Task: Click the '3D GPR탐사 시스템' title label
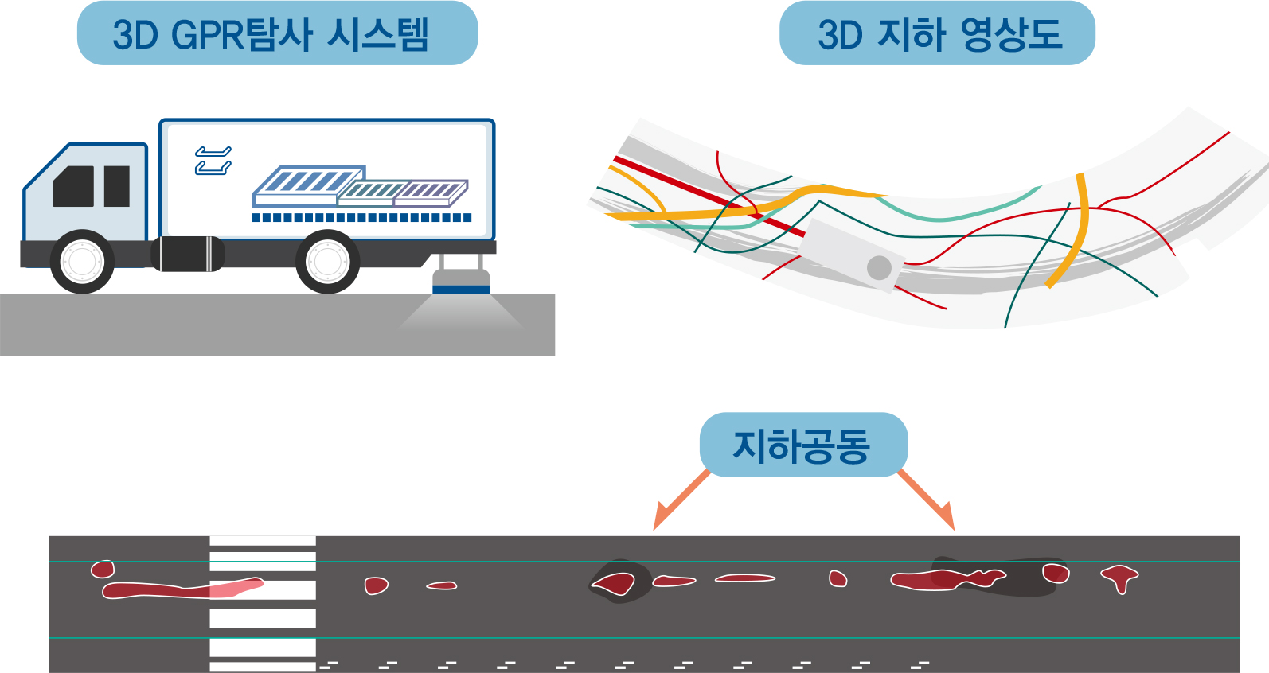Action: coord(277,33)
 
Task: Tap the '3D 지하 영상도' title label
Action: coord(937,33)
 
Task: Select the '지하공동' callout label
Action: coord(803,445)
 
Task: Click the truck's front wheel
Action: coord(82,262)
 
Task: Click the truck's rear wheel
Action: coord(327,262)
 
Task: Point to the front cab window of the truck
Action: coord(73,186)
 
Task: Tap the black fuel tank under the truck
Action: coord(188,254)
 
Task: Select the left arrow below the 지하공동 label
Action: coord(681,500)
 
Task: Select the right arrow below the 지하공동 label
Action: coord(927,500)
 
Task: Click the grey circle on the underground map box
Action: coord(879,268)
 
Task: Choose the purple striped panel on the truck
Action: coord(431,193)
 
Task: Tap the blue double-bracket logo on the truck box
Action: coord(213,161)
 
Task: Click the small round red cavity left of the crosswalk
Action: coord(103,569)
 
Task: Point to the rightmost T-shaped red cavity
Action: coord(1119,578)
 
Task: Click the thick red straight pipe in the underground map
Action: coord(709,197)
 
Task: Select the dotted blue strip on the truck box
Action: coord(361,218)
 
